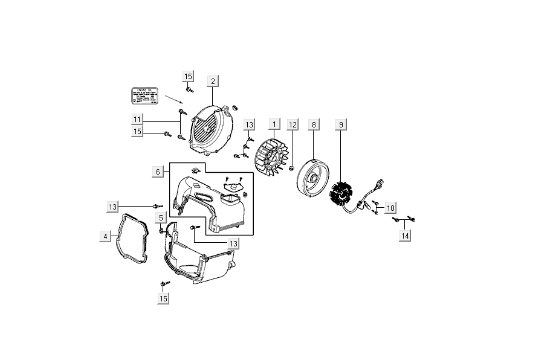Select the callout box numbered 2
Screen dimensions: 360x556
coord(212,81)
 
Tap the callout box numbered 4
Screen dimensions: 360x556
coord(105,237)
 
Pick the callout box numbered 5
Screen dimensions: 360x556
coord(161,217)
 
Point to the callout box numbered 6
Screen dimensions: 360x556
coord(158,172)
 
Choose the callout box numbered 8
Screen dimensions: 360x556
coord(314,124)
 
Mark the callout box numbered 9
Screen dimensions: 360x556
coord(341,124)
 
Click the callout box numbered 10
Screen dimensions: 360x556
coord(390,208)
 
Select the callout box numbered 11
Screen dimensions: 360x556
coord(138,119)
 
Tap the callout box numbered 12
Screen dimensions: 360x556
coord(293,124)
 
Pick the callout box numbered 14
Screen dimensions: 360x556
coord(404,236)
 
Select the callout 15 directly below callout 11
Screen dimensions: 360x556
coord(138,131)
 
